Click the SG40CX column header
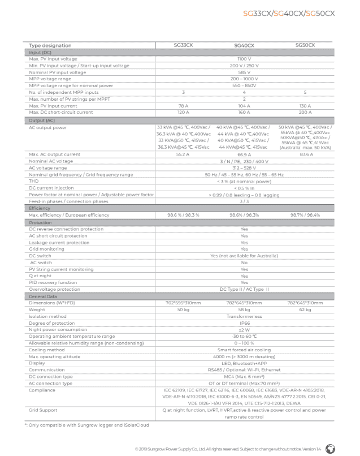(x=244, y=45)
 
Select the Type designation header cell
(x=50, y=45)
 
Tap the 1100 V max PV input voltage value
(x=244, y=59)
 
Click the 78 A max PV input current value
(x=183, y=105)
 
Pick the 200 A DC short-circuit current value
(x=305, y=112)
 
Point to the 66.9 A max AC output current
(x=244, y=154)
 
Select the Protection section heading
(x=40, y=222)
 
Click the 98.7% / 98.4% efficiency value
(x=305, y=215)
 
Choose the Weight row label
(x=37, y=309)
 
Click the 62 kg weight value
(x=305, y=309)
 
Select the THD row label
(x=34, y=181)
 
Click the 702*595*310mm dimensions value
(x=183, y=303)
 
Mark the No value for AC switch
(x=244, y=263)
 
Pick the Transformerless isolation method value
(x=244, y=316)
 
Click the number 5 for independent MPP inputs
(x=305, y=92)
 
